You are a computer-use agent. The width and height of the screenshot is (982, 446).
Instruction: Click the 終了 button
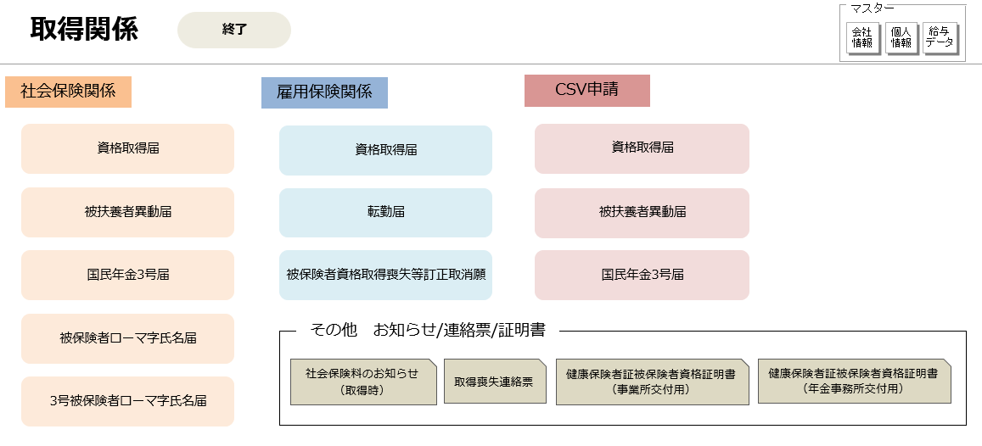point(234,30)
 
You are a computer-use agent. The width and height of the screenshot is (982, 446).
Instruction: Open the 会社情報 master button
point(862,39)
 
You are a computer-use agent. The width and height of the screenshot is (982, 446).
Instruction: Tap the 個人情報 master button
point(901,39)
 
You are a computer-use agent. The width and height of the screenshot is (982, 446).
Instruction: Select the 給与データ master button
point(940,39)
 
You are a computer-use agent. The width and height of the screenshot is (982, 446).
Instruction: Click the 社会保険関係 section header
point(68,92)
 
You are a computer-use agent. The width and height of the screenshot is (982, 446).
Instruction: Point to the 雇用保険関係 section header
point(324,92)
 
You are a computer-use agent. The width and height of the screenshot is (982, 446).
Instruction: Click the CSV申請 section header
point(586,91)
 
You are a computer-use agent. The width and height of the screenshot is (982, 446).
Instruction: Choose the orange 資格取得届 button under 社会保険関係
point(128,149)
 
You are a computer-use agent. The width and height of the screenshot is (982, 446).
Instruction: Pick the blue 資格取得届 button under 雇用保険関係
point(386,151)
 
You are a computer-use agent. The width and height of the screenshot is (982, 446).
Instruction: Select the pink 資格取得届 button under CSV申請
point(642,149)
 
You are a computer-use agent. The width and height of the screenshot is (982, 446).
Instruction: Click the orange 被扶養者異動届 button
point(128,213)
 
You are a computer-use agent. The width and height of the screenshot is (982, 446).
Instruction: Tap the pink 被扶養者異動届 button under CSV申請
point(642,214)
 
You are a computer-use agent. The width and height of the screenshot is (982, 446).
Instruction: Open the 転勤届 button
point(386,214)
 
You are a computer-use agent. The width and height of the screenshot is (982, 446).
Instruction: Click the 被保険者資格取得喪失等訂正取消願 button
point(386,276)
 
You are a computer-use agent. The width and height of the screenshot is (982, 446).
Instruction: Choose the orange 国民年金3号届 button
point(128,276)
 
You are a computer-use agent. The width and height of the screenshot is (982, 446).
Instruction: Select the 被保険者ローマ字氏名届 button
point(128,339)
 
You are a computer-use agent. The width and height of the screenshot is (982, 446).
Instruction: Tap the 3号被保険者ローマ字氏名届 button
point(128,402)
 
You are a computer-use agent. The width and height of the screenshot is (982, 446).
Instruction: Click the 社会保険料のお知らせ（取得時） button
point(363,382)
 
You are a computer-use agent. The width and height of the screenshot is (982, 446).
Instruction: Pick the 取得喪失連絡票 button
point(495,381)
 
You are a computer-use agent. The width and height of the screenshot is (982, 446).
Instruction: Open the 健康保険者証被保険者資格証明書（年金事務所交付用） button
point(854,381)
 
